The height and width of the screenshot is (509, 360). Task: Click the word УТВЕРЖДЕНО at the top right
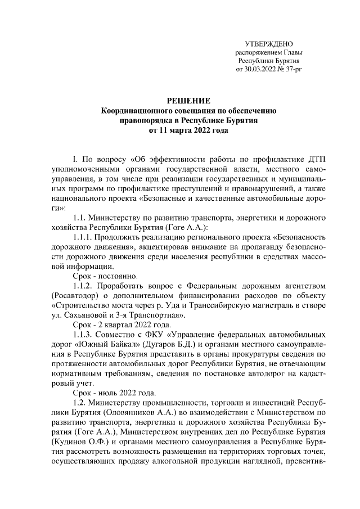[269, 44]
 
